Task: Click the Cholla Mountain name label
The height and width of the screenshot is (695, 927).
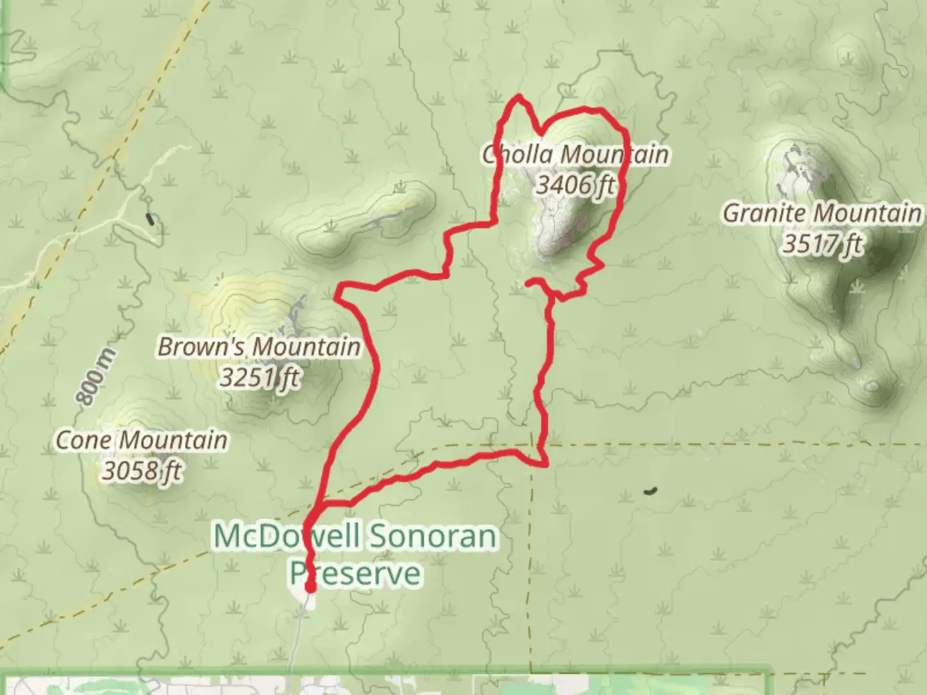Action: click(x=576, y=154)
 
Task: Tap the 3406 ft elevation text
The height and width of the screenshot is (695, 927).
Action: click(x=575, y=185)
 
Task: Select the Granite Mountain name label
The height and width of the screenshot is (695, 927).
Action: click(x=821, y=213)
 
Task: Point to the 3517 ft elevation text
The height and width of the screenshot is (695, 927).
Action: click(x=821, y=244)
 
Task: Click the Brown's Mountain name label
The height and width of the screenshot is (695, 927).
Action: click(x=259, y=347)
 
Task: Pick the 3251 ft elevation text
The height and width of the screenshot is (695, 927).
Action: click(x=259, y=377)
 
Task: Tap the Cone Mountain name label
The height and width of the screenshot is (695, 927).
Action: click(x=142, y=441)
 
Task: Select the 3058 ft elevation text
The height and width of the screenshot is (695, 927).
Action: click(x=142, y=472)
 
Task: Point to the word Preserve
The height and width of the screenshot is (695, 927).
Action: click(x=355, y=572)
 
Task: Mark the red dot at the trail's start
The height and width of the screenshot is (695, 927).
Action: click(x=310, y=586)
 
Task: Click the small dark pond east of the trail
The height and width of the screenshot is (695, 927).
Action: click(x=650, y=491)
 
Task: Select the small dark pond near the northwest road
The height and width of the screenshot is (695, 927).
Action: click(x=152, y=219)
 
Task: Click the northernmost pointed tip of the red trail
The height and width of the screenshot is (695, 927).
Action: click(x=518, y=97)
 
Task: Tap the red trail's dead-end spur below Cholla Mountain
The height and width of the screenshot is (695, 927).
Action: click(x=528, y=282)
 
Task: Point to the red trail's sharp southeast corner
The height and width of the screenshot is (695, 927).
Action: click(x=546, y=464)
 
